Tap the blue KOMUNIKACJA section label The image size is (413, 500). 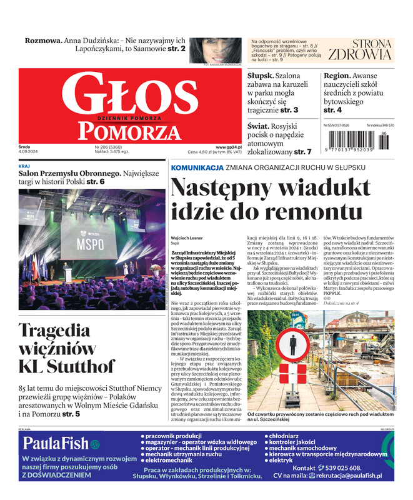[197, 168]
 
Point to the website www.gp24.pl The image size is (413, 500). [229, 146]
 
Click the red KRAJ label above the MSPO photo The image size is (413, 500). [24, 167]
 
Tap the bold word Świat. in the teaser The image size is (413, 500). [261, 126]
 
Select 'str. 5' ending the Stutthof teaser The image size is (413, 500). [69, 413]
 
